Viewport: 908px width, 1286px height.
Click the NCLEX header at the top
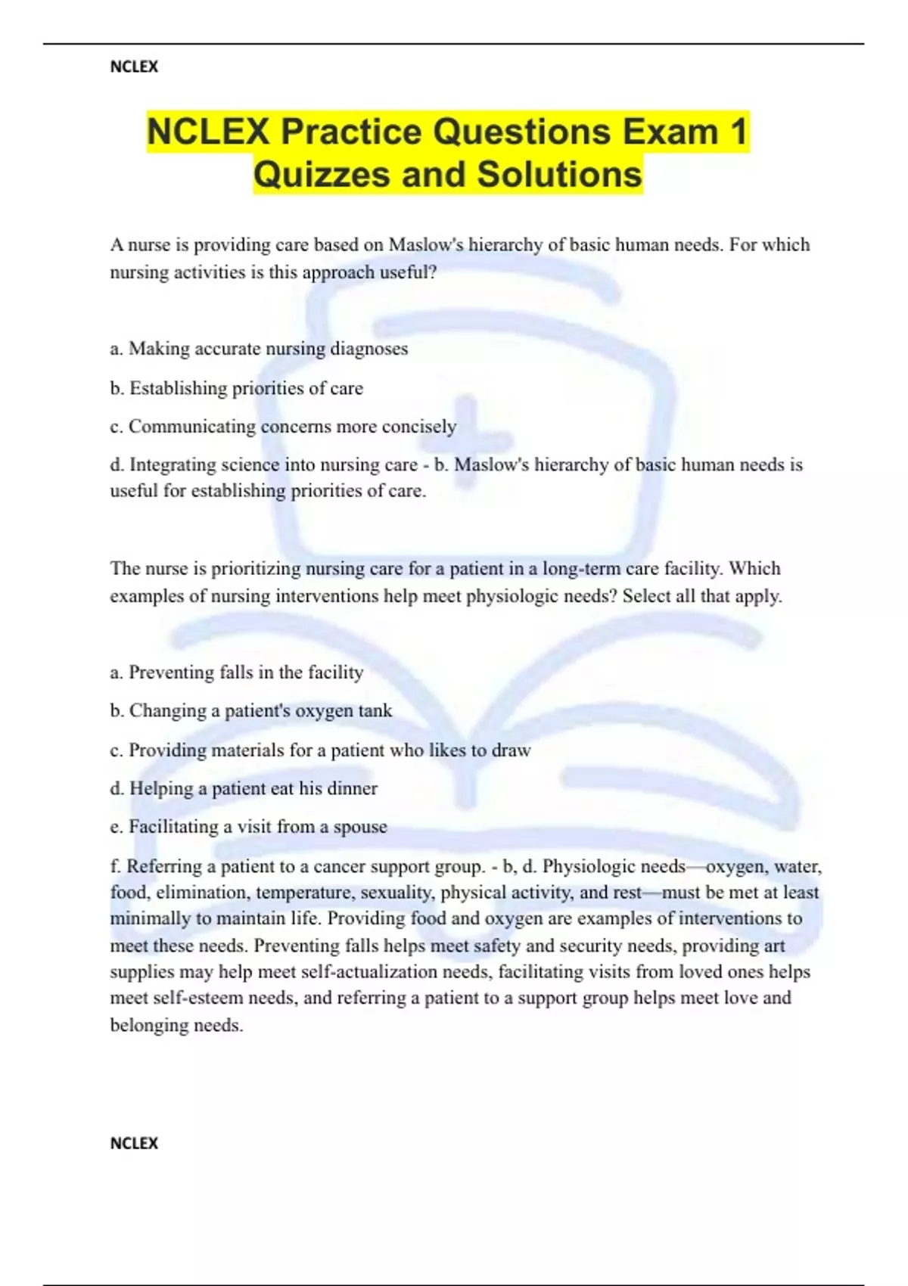[x=134, y=67]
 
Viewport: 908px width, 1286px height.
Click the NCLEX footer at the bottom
[x=134, y=1143]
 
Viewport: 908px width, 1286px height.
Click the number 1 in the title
[x=739, y=132]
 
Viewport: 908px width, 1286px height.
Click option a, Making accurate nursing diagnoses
[x=259, y=349]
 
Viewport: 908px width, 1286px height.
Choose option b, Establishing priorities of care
[x=236, y=388]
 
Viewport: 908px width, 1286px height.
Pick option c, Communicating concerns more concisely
[x=283, y=427]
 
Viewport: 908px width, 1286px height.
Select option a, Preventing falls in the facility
[x=236, y=672]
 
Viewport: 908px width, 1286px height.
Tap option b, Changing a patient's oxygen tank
[x=250, y=710]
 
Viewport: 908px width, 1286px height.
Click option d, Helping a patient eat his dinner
[x=243, y=788]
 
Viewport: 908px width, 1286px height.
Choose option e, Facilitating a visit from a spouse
[x=248, y=827]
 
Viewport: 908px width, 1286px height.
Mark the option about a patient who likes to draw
[x=320, y=750]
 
